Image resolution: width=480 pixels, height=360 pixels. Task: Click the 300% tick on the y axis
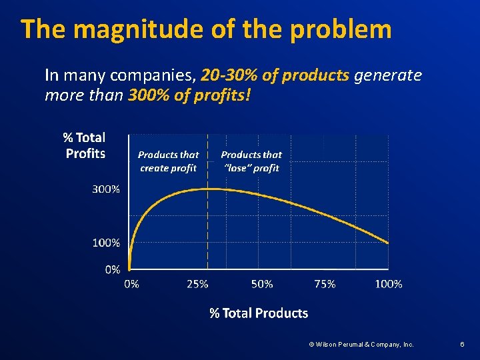tap(106, 189)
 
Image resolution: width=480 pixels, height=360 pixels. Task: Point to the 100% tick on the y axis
tap(106, 243)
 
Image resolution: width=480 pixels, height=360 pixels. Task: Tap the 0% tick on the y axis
tap(112, 269)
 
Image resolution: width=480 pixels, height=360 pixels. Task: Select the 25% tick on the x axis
tap(197, 284)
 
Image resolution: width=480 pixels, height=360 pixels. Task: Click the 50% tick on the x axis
tap(262, 284)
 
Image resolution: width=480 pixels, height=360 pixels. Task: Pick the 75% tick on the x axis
tap(325, 284)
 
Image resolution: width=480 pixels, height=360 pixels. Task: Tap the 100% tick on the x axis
tap(389, 284)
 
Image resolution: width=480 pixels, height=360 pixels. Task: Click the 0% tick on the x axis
tap(132, 284)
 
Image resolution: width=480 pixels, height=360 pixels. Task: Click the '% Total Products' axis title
tap(259, 313)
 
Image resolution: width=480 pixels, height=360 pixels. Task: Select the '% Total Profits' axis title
tap(85, 145)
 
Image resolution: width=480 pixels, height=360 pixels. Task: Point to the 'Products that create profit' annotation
tap(168, 161)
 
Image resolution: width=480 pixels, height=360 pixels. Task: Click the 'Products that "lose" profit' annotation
tap(251, 161)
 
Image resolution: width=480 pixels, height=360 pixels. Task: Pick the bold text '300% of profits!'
tap(189, 95)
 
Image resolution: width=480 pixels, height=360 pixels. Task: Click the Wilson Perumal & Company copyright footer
tap(361, 345)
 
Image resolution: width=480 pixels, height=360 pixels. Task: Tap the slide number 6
tap(462, 345)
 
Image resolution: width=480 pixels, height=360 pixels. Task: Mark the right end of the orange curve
tap(389, 243)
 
